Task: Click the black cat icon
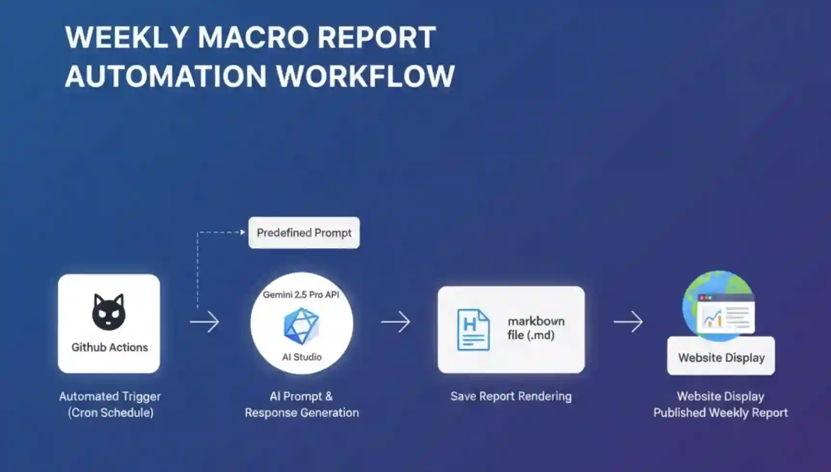109,312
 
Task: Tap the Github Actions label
109,347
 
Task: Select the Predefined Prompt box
304,233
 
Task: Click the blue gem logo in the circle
301,326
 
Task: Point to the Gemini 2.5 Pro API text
301,294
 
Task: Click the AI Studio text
302,357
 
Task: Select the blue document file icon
473,330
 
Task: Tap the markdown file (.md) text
536,328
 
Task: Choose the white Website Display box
721,358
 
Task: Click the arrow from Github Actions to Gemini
204,322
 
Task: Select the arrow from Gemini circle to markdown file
396,322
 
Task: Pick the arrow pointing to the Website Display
628,322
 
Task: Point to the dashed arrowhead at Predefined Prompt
242,232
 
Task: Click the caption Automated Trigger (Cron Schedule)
110,404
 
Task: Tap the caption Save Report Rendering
511,397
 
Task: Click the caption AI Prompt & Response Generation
302,404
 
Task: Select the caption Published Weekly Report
721,413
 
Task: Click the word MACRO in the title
253,38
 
